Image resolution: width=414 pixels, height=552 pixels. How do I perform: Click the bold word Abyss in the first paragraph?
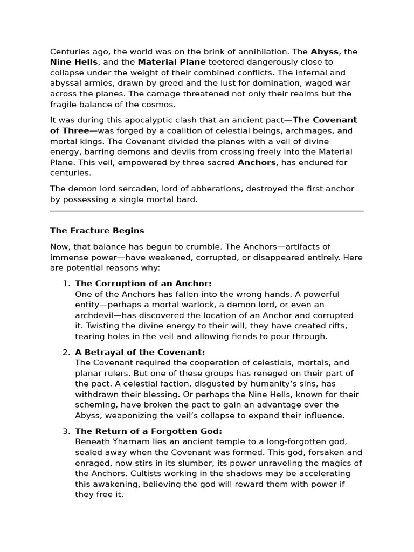pyautogui.click(x=325, y=52)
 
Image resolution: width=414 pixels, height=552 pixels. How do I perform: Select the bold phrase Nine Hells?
pyautogui.click(x=74, y=63)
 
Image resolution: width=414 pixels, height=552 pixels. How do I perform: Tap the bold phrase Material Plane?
pyautogui.click(x=171, y=63)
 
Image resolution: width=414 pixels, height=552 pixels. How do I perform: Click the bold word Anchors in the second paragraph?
pyautogui.click(x=257, y=162)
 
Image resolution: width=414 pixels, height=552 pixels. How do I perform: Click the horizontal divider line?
pyautogui.click(x=207, y=211)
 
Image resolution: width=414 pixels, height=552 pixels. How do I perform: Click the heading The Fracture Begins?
pyautogui.click(x=97, y=231)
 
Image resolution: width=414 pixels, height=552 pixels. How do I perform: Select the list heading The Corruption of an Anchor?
pyautogui.click(x=143, y=284)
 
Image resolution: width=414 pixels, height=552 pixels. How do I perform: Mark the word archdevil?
pyautogui.click(x=95, y=315)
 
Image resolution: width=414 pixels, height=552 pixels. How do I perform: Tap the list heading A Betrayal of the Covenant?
pyautogui.click(x=140, y=353)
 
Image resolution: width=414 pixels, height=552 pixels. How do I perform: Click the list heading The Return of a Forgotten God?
pyautogui.click(x=148, y=431)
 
